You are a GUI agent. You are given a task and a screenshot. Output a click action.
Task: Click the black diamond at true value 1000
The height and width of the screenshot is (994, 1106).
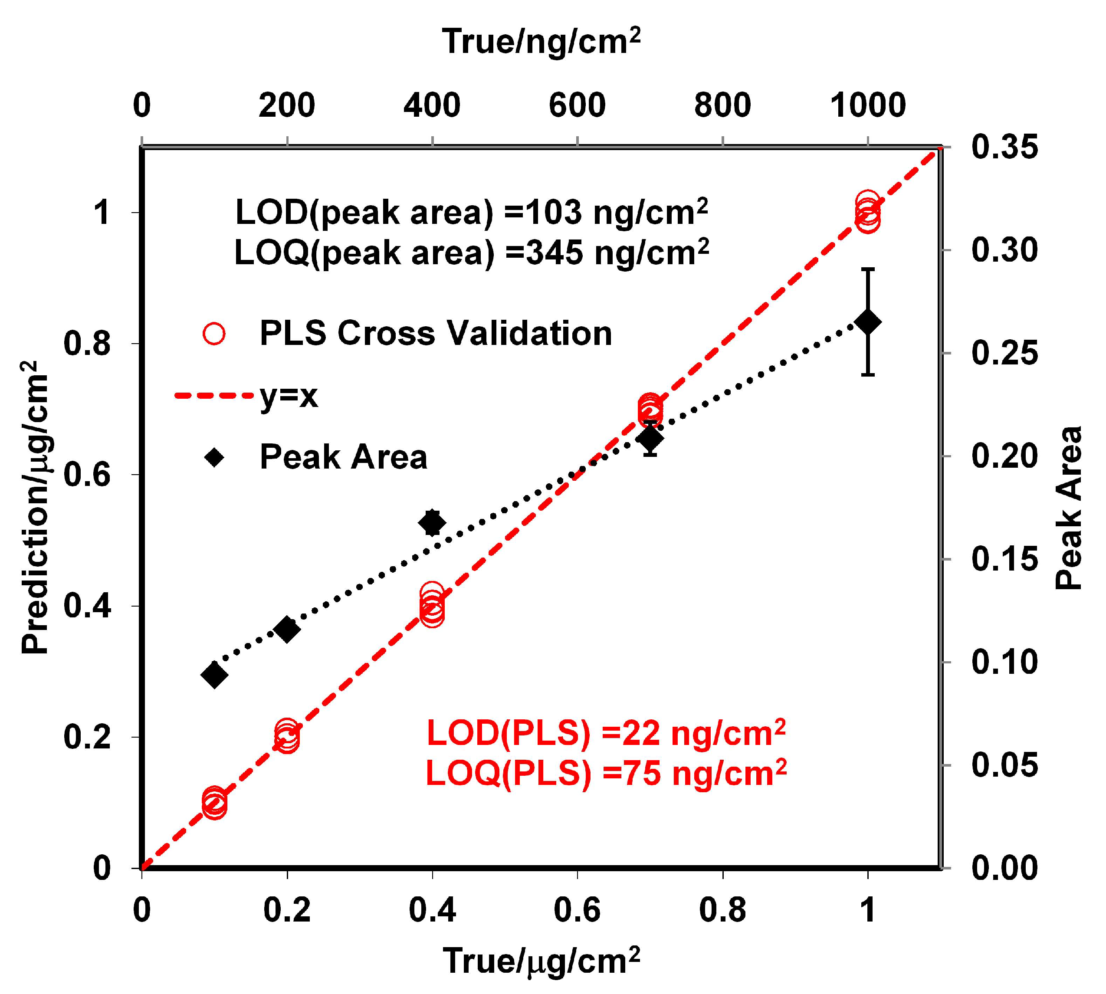[867, 322]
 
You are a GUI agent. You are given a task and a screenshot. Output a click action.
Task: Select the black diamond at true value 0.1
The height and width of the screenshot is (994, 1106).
[214, 675]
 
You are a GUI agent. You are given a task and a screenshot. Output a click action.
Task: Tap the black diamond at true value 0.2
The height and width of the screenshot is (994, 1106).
[287, 630]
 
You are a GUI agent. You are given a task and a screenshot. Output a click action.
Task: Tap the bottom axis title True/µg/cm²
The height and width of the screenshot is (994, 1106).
[541, 961]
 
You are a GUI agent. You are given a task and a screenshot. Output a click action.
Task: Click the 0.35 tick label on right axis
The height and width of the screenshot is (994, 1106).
[1004, 147]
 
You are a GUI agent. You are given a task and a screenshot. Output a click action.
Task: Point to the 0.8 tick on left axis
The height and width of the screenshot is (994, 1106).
[87, 344]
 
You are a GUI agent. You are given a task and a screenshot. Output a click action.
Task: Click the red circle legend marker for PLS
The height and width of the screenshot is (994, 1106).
[214, 333]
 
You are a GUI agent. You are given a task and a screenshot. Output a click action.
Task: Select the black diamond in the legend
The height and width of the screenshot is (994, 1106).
[215, 457]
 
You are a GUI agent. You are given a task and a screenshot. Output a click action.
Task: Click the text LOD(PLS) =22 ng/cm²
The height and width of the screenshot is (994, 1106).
[605, 734]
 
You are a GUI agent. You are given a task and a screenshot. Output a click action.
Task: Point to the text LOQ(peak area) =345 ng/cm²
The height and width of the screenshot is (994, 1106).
[471, 253]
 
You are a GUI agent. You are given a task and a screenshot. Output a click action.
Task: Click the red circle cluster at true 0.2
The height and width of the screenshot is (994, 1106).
[287, 737]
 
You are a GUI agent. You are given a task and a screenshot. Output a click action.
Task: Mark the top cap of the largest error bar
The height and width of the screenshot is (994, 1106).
[867, 269]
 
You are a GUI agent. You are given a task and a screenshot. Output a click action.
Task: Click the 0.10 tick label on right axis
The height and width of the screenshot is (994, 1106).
[1004, 662]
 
